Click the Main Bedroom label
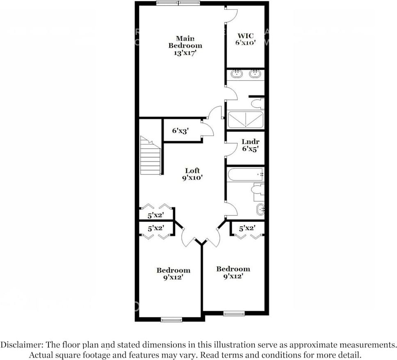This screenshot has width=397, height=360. [185, 46]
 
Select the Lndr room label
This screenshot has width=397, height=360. [250, 146]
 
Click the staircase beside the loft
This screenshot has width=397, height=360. [150, 156]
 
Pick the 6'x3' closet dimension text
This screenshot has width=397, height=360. [180, 131]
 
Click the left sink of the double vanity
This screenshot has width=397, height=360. [237, 74]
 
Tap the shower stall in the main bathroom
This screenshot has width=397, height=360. [245, 119]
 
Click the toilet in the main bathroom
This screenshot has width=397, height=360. [258, 103]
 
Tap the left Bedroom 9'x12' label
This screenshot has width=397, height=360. [173, 273]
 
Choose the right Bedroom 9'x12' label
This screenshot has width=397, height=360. [233, 272]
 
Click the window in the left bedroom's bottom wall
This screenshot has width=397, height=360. [171, 320]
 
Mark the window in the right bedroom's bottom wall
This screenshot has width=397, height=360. [234, 314]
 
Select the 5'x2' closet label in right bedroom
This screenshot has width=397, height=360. [247, 228]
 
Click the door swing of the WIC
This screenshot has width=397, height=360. [231, 15]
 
